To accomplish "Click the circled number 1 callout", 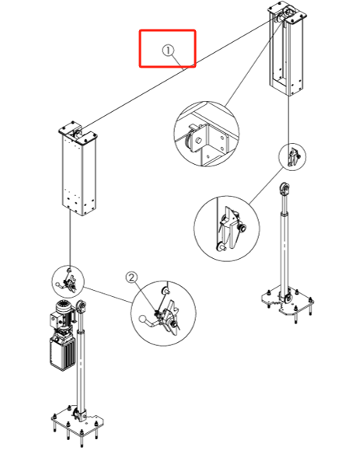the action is (168, 51).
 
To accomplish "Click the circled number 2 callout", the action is (131, 278).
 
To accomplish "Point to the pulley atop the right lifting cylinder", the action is (284, 189).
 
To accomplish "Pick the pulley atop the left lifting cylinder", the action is (82, 306).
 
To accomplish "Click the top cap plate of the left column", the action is (78, 133).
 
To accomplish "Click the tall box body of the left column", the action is (79, 176).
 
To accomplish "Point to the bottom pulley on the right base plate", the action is (288, 298).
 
